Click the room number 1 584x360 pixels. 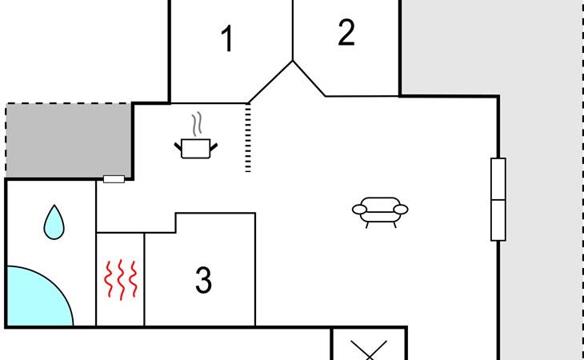click(x=227, y=38)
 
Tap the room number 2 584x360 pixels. click(x=346, y=32)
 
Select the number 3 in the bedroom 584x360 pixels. click(x=203, y=280)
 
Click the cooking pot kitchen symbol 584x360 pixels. click(x=196, y=148)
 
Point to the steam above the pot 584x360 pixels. click(x=197, y=123)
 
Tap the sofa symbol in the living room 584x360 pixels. click(x=380, y=212)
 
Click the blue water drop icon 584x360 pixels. click(x=54, y=222)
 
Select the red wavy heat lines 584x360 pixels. click(x=121, y=279)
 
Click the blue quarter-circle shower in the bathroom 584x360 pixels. click(x=38, y=298)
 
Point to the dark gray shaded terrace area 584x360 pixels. click(x=69, y=141)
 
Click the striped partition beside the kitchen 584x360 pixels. click(x=248, y=138)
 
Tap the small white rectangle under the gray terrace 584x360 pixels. click(x=114, y=179)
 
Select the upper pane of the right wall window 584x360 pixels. click(x=498, y=179)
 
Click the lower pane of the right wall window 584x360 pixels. click(x=498, y=220)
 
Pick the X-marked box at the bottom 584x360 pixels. click(x=369, y=344)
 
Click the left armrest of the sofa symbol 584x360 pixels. click(x=359, y=210)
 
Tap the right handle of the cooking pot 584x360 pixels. click(x=214, y=147)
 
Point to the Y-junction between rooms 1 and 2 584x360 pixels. click(x=293, y=61)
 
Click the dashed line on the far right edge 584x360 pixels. click(x=582, y=180)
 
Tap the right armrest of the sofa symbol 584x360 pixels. click(x=401, y=210)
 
